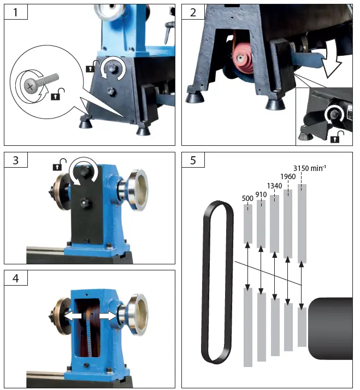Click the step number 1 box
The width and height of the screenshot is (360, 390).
coord(16,11)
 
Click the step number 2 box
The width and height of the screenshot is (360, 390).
coord(193,11)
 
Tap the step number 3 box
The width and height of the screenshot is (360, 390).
coord(16,161)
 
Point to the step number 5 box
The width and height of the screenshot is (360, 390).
coord(193,161)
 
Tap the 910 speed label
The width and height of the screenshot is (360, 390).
coord(262,194)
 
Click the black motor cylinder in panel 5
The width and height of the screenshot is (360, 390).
coord(331,329)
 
